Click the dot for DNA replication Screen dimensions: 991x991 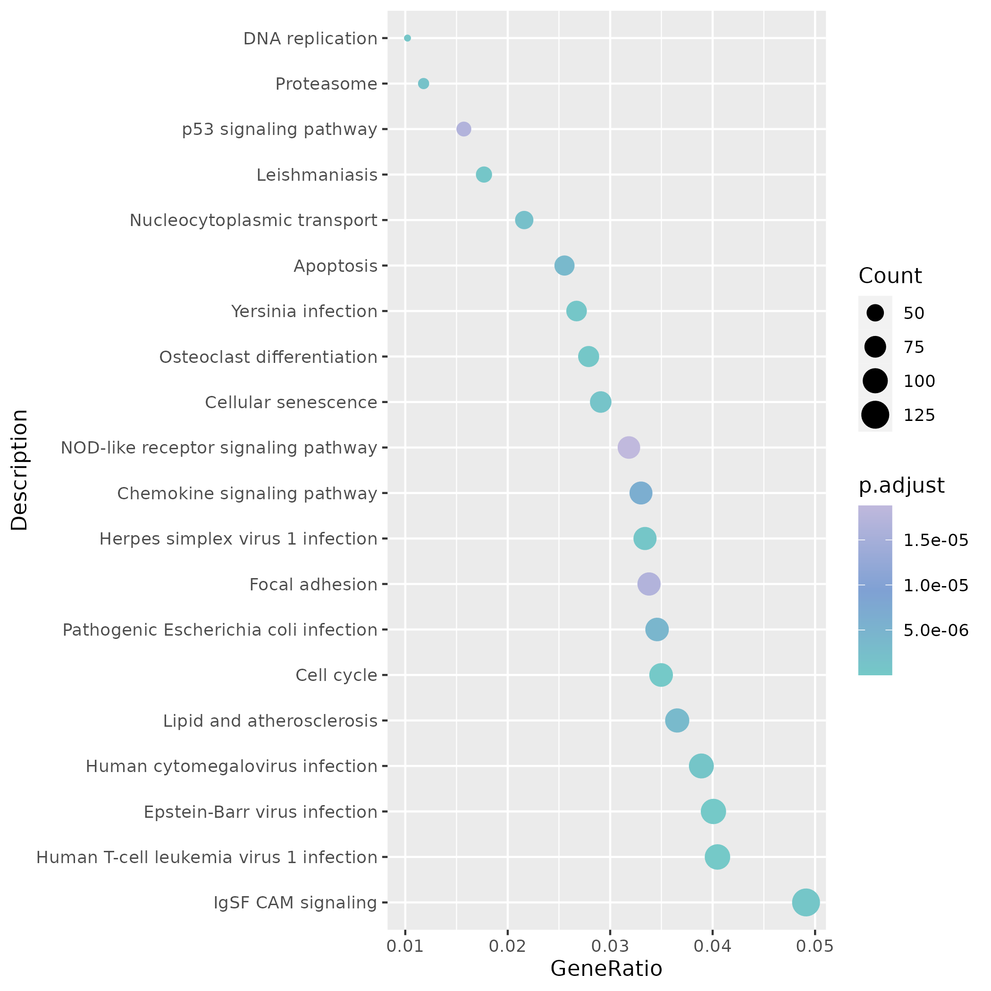pyautogui.click(x=407, y=38)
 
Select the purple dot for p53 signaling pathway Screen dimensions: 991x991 pyautogui.click(x=464, y=129)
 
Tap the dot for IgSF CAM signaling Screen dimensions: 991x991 pyautogui.click(x=806, y=902)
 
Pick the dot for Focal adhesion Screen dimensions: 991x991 pyautogui.click(x=649, y=584)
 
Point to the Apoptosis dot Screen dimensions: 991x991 pyautogui.click(x=564, y=266)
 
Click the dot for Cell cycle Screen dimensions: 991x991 pyautogui.click(x=661, y=675)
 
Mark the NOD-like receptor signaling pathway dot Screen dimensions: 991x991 pyautogui.click(x=629, y=447)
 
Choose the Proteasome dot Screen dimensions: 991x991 pyautogui.click(x=423, y=84)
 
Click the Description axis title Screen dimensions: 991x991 pyautogui.click(x=20, y=470)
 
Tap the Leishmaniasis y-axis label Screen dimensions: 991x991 pyautogui.click(x=317, y=176)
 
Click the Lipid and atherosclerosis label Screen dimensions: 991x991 pyautogui.click(x=270, y=721)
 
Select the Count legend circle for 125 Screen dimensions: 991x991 pyautogui.click(x=875, y=414)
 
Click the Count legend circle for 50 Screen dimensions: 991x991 pyautogui.click(x=875, y=313)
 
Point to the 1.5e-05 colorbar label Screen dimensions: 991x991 pyautogui.click(x=936, y=540)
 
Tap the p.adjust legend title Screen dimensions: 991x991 pyautogui.click(x=901, y=485)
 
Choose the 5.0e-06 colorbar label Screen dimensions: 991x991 pyautogui.click(x=936, y=630)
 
